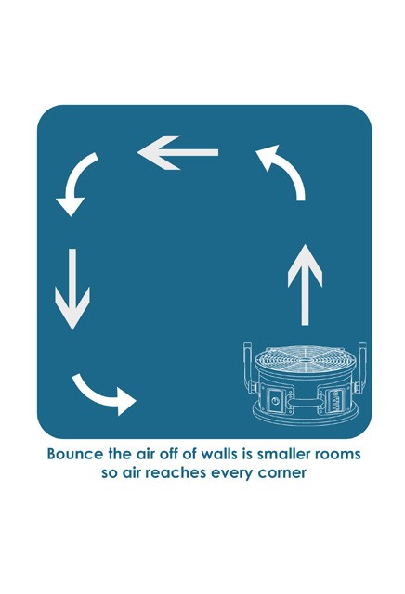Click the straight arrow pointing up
[x=305, y=285]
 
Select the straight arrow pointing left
[x=177, y=152]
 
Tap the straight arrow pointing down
[x=72, y=289]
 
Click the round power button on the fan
[x=275, y=400]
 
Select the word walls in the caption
[x=217, y=454]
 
